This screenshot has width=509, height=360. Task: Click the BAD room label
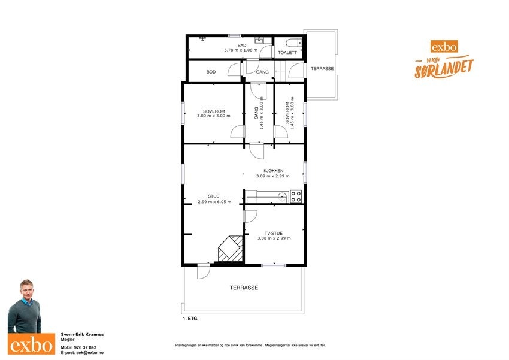click(x=242, y=45)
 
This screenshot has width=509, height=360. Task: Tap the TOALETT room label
click(x=287, y=53)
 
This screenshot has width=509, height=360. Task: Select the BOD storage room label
click(x=211, y=72)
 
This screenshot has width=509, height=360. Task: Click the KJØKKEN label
click(x=272, y=171)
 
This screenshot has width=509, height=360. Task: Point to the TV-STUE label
click(x=274, y=233)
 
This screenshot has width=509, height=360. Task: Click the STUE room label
click(x=214, y=196)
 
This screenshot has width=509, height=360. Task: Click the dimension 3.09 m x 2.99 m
click(x=272, y=176)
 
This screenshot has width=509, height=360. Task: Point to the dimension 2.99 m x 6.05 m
click(x=214, y=202)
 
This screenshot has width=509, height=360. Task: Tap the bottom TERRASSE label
click(x=244, y=288)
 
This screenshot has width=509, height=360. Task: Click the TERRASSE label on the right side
click(x=322, y=69)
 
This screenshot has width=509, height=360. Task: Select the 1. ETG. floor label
click(x=190, y=319)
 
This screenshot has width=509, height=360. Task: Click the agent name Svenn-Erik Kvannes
click(x=83, y=335)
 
